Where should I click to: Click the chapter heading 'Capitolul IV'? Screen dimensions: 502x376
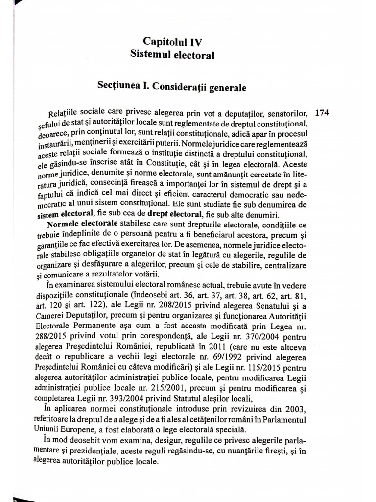[172, 42]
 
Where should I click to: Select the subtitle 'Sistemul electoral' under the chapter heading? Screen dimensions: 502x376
[172, 55]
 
